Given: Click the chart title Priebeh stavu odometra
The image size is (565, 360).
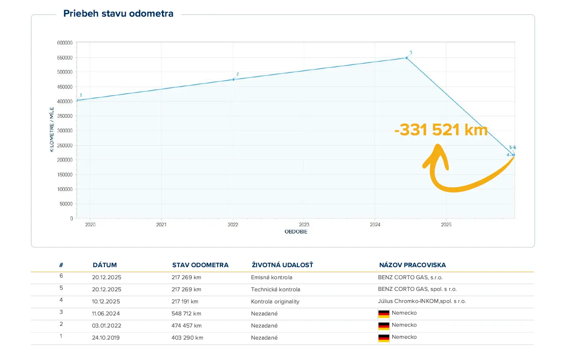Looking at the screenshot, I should click(118, 14).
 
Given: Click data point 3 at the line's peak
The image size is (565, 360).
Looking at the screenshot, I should click(406, 58).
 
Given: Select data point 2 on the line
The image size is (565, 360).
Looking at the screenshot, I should click(233, 79).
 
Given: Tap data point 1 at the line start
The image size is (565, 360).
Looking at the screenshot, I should click(77, 100).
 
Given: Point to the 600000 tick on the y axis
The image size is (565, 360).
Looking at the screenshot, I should click(65, 43).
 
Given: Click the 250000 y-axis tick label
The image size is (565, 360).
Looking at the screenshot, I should click(65, 145).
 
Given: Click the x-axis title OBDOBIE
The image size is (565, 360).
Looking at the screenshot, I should click(296, 232).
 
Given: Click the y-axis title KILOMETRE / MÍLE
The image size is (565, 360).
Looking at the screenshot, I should click(52, 129).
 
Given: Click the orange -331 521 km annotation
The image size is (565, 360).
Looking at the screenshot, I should click(441, 130).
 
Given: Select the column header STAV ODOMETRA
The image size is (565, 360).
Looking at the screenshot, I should click(200, 265).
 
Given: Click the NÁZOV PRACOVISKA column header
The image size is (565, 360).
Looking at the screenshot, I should click(412, 265).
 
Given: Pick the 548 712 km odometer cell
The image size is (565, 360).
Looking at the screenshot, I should click(187, 313).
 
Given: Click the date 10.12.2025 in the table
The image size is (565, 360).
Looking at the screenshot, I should click(107, 301).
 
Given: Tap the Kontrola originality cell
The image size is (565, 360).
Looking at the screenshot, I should click(275, 301).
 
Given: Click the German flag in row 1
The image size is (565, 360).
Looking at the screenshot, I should click(383, 338).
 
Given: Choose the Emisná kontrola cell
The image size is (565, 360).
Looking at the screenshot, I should click(271, 277).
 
